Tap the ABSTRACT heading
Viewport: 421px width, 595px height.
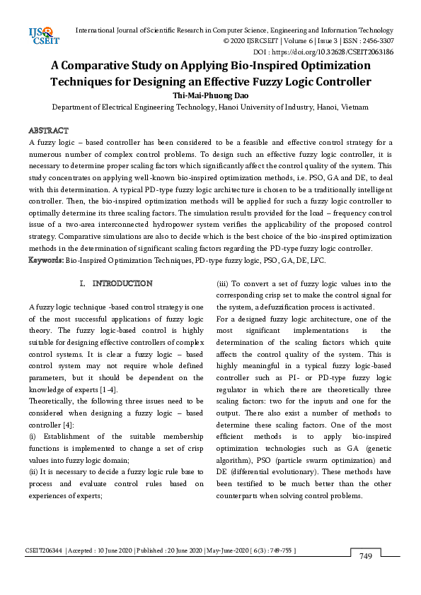(48, 131)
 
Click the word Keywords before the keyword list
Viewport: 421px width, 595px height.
(46, 260)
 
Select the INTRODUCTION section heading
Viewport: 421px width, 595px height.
(122, 283)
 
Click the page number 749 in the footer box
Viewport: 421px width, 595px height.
(366, 557)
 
